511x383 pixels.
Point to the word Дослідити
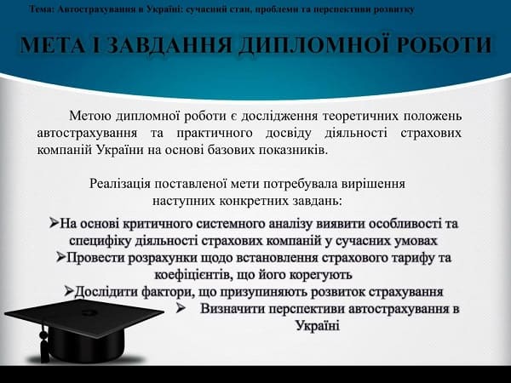tap(110, 291)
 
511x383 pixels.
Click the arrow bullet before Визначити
tap(181, 308)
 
